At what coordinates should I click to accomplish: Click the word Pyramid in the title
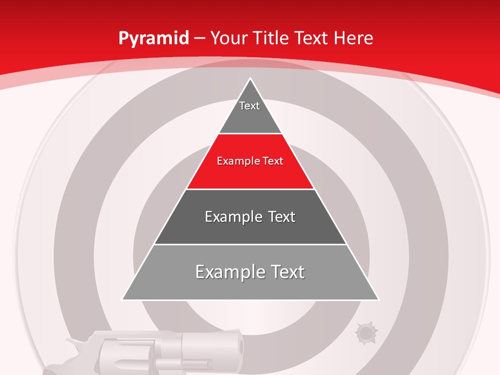154,39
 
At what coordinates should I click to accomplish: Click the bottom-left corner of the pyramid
123,299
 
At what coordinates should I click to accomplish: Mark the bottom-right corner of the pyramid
378,299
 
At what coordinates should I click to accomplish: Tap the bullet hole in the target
365,333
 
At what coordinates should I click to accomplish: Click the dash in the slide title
201,39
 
